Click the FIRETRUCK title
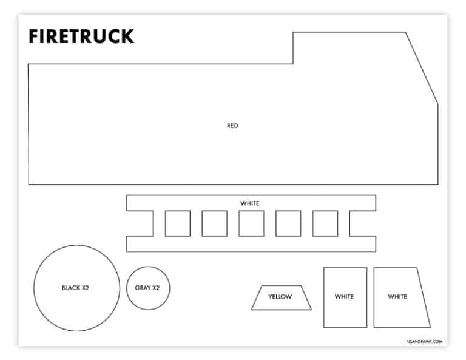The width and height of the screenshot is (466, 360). (x=81, y=36)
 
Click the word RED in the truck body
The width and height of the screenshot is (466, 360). (x=232, y=126)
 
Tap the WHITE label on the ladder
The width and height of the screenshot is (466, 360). (x=250, y=203)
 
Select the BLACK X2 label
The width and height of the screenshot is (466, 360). (x=75, y=288)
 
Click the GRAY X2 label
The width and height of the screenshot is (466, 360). (x=147, y=288)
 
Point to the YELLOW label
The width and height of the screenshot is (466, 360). (x=280, y=296)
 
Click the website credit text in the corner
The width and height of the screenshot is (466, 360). (x=424, y=342)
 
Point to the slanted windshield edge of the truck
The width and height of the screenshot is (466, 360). (x=422, y=68)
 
